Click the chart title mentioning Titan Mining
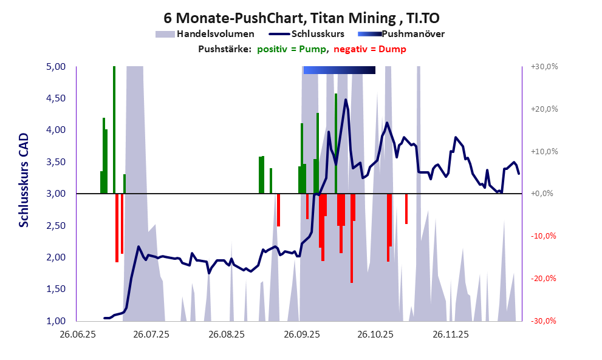pyautogui.click(x=301, y=18)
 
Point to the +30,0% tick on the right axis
pyautogui.click(x=544, y=67)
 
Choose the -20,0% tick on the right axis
pyautogui.click(x=544, y=279)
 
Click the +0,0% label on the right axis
pyautogui.click(x=544, y=194)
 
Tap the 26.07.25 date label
pyautogui.click(x=151, y=334)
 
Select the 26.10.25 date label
pyautogui.click(x=375, y=334)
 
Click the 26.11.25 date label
pyautogui.click(x=450, y=334)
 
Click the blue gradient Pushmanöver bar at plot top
pyautogui.click(x=339, y=70)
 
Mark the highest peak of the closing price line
pyautogui.click(x=346, y=100)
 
